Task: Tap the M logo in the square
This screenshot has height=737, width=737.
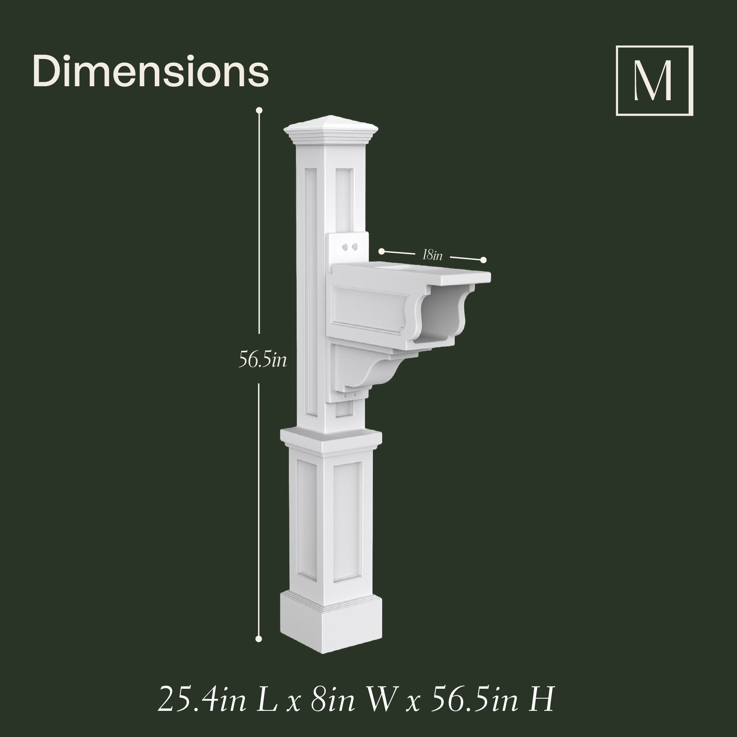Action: coord(654,80)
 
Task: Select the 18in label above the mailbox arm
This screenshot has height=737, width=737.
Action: coord(432,255)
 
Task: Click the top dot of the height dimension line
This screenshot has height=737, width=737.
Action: coord(259,111)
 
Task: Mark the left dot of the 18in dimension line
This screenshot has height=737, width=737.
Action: coord(381,251)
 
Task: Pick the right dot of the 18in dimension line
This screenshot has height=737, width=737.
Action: coord(483,260)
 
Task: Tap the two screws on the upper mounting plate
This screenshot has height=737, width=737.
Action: coord(350,247)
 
